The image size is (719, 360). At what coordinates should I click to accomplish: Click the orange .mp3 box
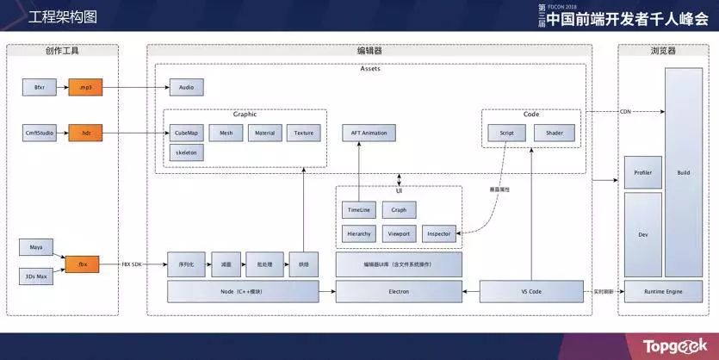point(85,88)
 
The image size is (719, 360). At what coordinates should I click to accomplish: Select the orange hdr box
point(85,133)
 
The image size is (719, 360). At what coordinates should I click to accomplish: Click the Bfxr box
point(39,88)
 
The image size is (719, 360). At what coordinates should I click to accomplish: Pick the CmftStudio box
point(39,133)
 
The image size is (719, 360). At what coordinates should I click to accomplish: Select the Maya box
point(35,248)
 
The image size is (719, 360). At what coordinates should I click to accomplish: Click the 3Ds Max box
point(35,276)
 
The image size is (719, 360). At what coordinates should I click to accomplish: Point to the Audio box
point(187,88)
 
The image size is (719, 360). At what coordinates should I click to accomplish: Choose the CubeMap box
point(186,133)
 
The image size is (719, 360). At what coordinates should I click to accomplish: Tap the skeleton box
point(186,152)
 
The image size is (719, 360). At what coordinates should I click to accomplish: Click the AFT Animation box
point(369,133)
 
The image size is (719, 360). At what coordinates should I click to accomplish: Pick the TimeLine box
point(358,209)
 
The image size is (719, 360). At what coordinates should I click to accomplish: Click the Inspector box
point(439,233)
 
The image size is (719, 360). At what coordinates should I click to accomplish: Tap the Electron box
point(398,292)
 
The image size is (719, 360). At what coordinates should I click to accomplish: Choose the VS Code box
point(531,292)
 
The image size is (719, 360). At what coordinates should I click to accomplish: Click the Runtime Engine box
point(663,292)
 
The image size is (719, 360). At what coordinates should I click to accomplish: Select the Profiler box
point(642,173)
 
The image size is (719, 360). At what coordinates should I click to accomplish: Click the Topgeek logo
point(675,346)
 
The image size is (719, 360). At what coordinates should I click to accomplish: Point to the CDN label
point(625,112)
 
